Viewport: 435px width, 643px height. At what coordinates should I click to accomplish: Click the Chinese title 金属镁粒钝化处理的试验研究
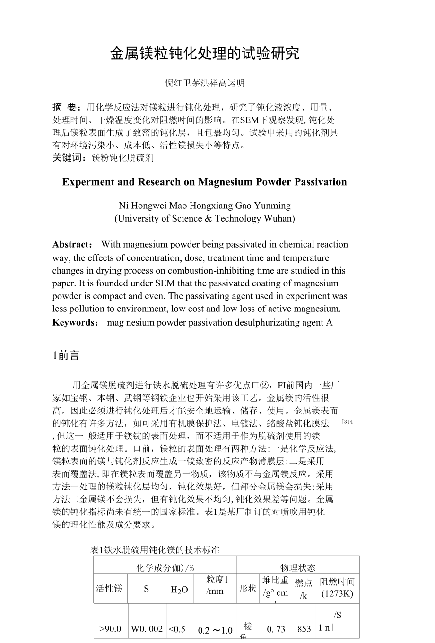tap(205, 53)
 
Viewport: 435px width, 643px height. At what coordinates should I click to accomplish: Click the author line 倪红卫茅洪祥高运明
tap(205, 83)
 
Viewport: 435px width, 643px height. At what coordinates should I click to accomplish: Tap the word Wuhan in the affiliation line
tap(278, 218)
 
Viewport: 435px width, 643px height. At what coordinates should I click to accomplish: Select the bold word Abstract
tap(72, 245)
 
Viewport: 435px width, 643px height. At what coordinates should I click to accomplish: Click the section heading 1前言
tap(66, 356)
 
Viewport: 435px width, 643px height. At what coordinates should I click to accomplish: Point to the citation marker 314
tap(348, 422)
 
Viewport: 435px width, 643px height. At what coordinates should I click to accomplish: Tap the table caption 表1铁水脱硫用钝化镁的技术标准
tap(155, 550)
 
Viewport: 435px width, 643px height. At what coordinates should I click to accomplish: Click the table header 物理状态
tap(298, 567)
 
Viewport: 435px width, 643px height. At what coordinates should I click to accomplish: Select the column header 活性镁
tap(109, 588)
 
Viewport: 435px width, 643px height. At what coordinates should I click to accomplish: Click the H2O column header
tap(179, 589)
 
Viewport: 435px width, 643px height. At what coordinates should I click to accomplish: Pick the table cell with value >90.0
tap(110, 629)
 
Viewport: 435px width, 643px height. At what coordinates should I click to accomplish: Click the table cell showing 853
tap(304, 629)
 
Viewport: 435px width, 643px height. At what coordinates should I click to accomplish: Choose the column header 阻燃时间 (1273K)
tap(337, 588)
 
